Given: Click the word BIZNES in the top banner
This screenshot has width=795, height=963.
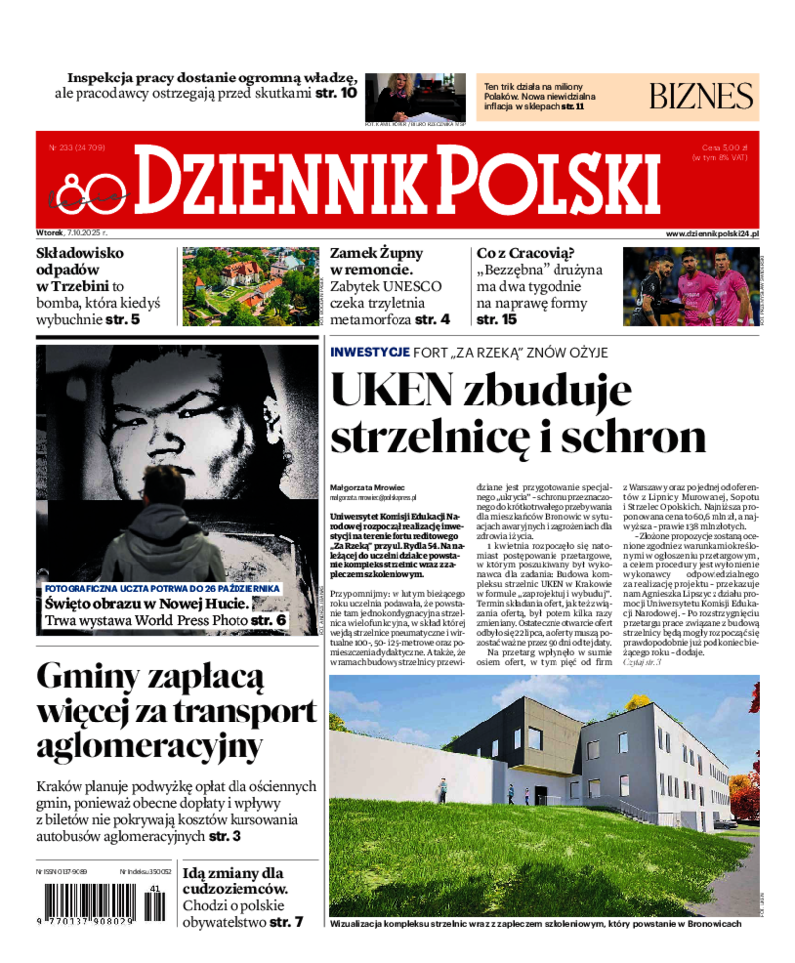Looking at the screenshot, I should point(702,96).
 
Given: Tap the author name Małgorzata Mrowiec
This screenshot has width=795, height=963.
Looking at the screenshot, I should point(369,486).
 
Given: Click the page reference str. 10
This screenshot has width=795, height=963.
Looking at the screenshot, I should point(336,93).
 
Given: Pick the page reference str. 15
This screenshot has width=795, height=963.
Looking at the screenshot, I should point(497,319).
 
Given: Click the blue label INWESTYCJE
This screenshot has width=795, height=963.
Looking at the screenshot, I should point(371,352).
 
